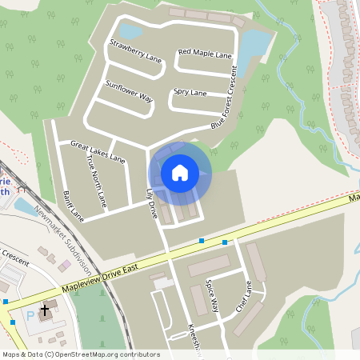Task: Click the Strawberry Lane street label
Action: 135,53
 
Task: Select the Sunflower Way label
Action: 129,90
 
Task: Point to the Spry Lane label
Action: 190,94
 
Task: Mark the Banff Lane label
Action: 73,205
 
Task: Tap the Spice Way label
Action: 212,294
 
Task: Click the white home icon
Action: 180,172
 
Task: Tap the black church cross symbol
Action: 44,308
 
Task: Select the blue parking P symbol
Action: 30,317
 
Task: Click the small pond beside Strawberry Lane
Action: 131,31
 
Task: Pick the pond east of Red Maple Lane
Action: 254,44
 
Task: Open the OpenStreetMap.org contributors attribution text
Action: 80,354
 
